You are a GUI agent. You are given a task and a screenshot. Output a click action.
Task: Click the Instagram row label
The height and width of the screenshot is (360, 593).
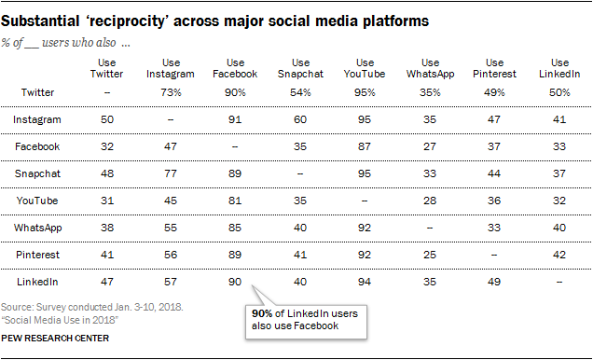coord(37,119)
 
